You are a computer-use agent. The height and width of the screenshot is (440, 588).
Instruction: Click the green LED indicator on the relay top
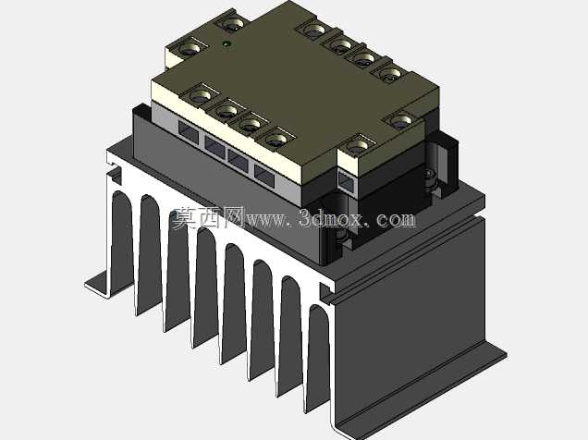tap(227, 44)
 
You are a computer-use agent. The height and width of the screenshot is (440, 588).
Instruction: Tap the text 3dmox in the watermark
tap(331, 218)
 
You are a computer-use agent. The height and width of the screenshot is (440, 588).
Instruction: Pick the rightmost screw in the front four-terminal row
tap(276, 140)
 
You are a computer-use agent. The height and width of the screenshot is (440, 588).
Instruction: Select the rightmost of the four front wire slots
tap(264, 175)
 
